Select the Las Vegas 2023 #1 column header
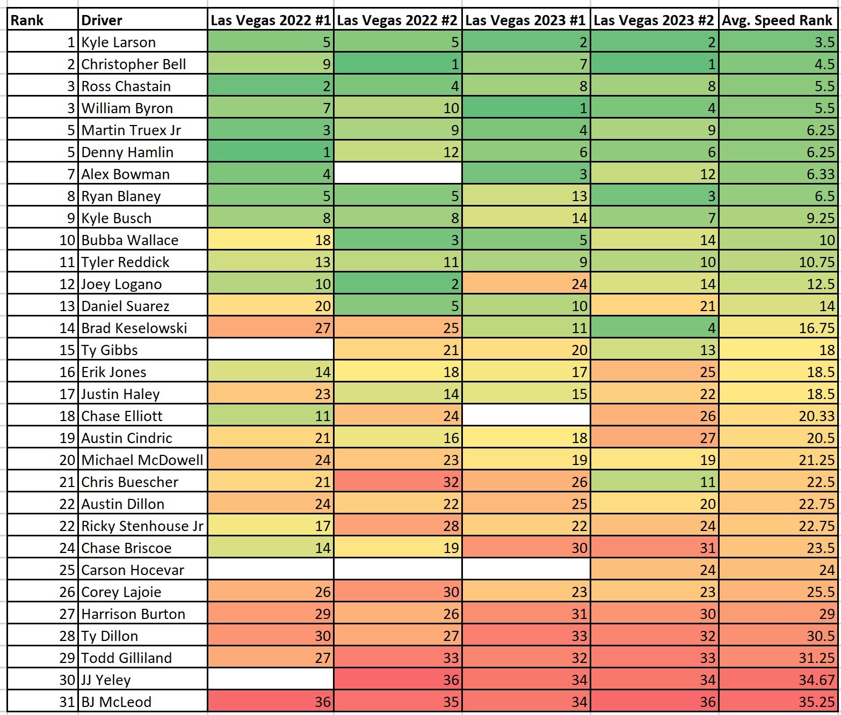tap(525, 20)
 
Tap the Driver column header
tap(102, 20)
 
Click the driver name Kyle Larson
tap(119, 42)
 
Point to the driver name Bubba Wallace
tap(130, 240)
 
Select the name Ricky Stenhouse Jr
tap(142, 526)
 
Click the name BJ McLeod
tap(117, 702)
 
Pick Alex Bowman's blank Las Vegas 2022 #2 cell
tap(397, 174)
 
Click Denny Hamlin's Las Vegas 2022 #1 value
tap(326, 152)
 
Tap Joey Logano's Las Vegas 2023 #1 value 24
tap(579, 284)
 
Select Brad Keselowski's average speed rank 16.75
tap(816, 328)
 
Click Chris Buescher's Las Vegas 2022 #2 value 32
tap(451, 482)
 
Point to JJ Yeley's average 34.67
tap(816, 680)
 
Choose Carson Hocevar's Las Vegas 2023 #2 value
tap(707, 570)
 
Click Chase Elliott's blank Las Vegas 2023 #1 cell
tap(526, 416)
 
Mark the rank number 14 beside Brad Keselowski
tap(67, 328)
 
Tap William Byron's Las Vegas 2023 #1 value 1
tap(583, 108)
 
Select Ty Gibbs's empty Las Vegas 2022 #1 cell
tap(270, 350)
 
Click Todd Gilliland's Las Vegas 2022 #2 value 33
tap(451, 658)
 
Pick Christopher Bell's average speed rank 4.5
tap(824, 64)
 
